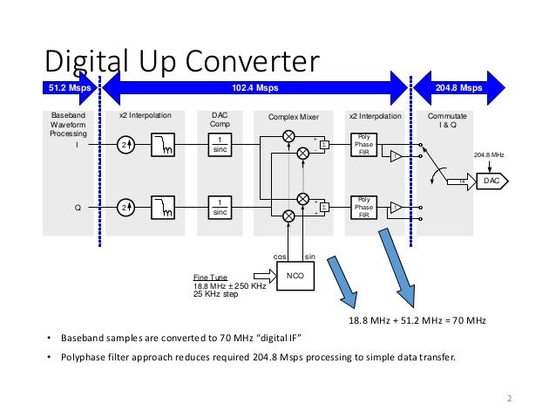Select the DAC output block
coord(491,181)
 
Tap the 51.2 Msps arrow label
coord(68,88)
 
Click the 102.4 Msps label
coord(255,88)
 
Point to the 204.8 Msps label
coord(458,88)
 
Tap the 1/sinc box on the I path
coord(222,145)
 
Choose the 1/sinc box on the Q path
coord(222,208)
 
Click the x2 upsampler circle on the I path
coord(126,145)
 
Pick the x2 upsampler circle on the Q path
coord(126,208)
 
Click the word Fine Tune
coord(209,278)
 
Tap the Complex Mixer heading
coord(295,115)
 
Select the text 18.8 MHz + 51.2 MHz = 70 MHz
coord(417,321)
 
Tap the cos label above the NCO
coord(281,257)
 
